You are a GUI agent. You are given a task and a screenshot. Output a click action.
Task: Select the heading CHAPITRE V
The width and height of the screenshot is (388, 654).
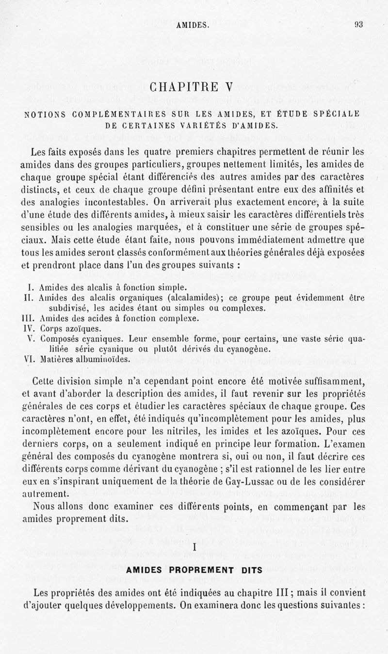(194, 87)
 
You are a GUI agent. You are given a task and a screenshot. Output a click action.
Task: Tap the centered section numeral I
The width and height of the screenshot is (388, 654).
(194, 547)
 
